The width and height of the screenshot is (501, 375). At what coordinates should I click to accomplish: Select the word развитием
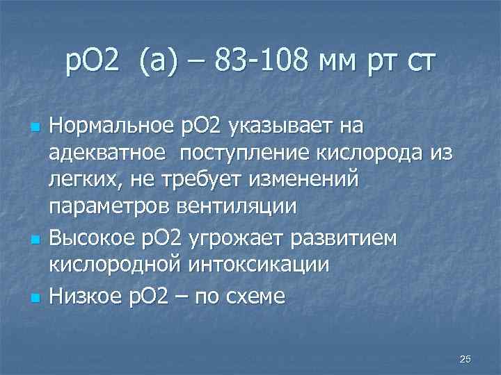tap(353, 238)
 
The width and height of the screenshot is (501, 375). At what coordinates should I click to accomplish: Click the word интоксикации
tap(256, 265)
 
